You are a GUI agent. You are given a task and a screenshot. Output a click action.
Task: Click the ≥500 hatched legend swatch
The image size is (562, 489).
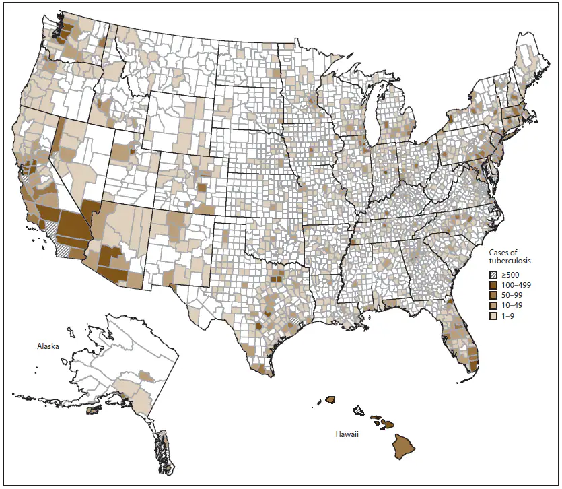493,274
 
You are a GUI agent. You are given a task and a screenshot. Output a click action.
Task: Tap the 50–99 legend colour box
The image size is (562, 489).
493,295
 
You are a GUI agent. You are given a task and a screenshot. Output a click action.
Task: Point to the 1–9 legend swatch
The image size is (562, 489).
493,315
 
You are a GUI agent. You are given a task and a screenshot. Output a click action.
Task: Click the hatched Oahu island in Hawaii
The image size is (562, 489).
359,410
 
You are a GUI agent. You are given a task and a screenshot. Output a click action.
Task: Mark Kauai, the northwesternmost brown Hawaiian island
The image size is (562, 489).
330,399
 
